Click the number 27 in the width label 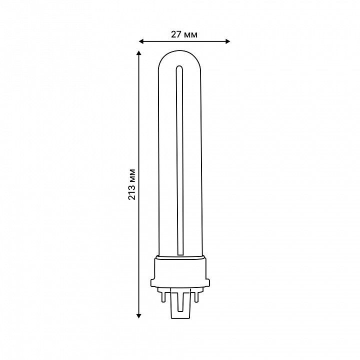[x=175, y=34]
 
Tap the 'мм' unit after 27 [x=190, y=35]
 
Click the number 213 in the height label [x=132, y=191]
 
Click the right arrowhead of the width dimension [x=227, y=41]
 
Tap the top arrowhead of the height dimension [x=138, y=53]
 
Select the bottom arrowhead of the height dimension [x=138, y=316]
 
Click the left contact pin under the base [x=163, y=297]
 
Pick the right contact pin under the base [x=196, y=297]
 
